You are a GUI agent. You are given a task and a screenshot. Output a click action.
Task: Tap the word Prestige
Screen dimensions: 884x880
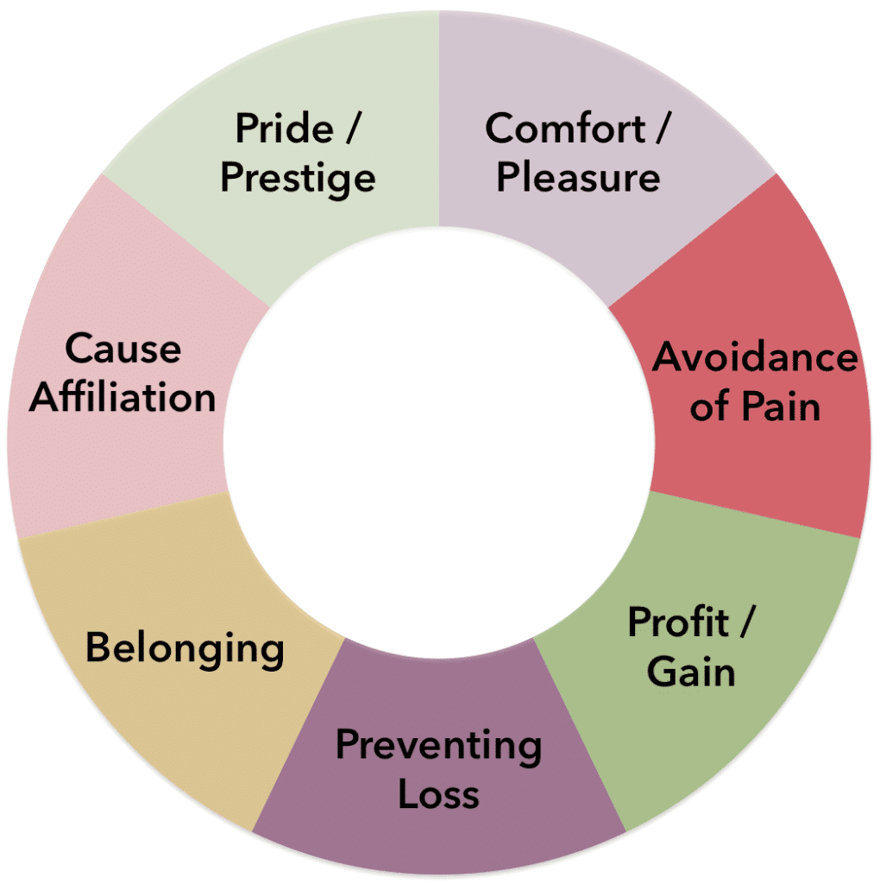click(298, 179)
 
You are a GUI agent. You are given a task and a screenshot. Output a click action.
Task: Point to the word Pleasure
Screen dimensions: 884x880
click(578, 178)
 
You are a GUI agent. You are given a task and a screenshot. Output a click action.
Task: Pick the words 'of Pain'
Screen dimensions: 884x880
click(755, 406)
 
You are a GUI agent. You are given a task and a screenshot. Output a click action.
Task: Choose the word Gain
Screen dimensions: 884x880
click(691, 671)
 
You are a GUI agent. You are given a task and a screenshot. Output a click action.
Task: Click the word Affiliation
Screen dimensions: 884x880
click(123, 398)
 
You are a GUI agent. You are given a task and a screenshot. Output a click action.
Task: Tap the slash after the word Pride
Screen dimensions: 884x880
click(350, 129)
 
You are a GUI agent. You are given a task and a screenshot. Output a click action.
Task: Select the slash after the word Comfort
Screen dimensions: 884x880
click(660, 129)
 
